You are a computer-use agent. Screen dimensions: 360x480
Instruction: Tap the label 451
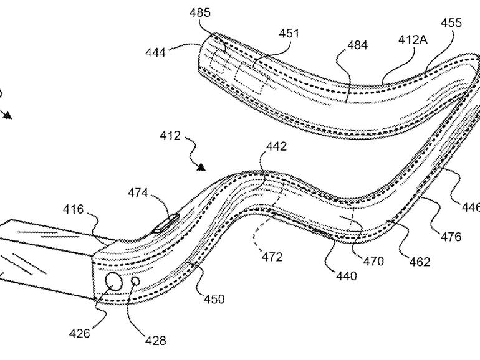point(289,34)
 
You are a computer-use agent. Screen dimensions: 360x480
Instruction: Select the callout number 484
point(358,45)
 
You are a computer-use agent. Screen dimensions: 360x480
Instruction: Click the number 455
point(451,23)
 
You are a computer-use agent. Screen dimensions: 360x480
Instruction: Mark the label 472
point(271,256)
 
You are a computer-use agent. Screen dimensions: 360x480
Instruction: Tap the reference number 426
point(79,334)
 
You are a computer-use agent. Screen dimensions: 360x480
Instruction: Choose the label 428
point(155,341)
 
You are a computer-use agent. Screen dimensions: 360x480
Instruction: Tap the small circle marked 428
point(135,282)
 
